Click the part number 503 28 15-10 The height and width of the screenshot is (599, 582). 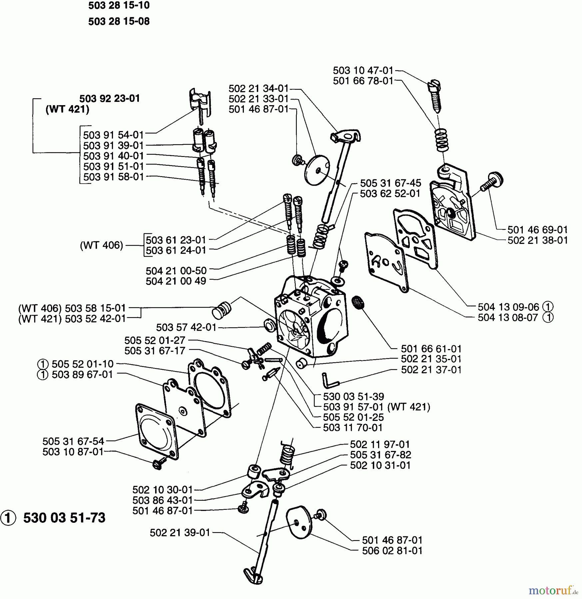[119, 6]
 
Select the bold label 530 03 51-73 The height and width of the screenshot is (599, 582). [64, 518]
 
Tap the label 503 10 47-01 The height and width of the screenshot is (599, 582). [363, 71]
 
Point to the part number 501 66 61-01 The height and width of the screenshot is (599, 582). [431, 349]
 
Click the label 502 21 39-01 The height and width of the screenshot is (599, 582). [180, 532]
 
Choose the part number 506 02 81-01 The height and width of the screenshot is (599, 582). [392, 550]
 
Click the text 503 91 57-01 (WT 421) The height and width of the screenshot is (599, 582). [376, 407]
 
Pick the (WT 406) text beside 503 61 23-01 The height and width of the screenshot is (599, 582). [101, 245]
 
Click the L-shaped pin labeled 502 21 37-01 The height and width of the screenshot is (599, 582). [330, 381]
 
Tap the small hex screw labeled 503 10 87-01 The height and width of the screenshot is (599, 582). [158, 463]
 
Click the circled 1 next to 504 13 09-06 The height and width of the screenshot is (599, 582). [548, 306]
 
